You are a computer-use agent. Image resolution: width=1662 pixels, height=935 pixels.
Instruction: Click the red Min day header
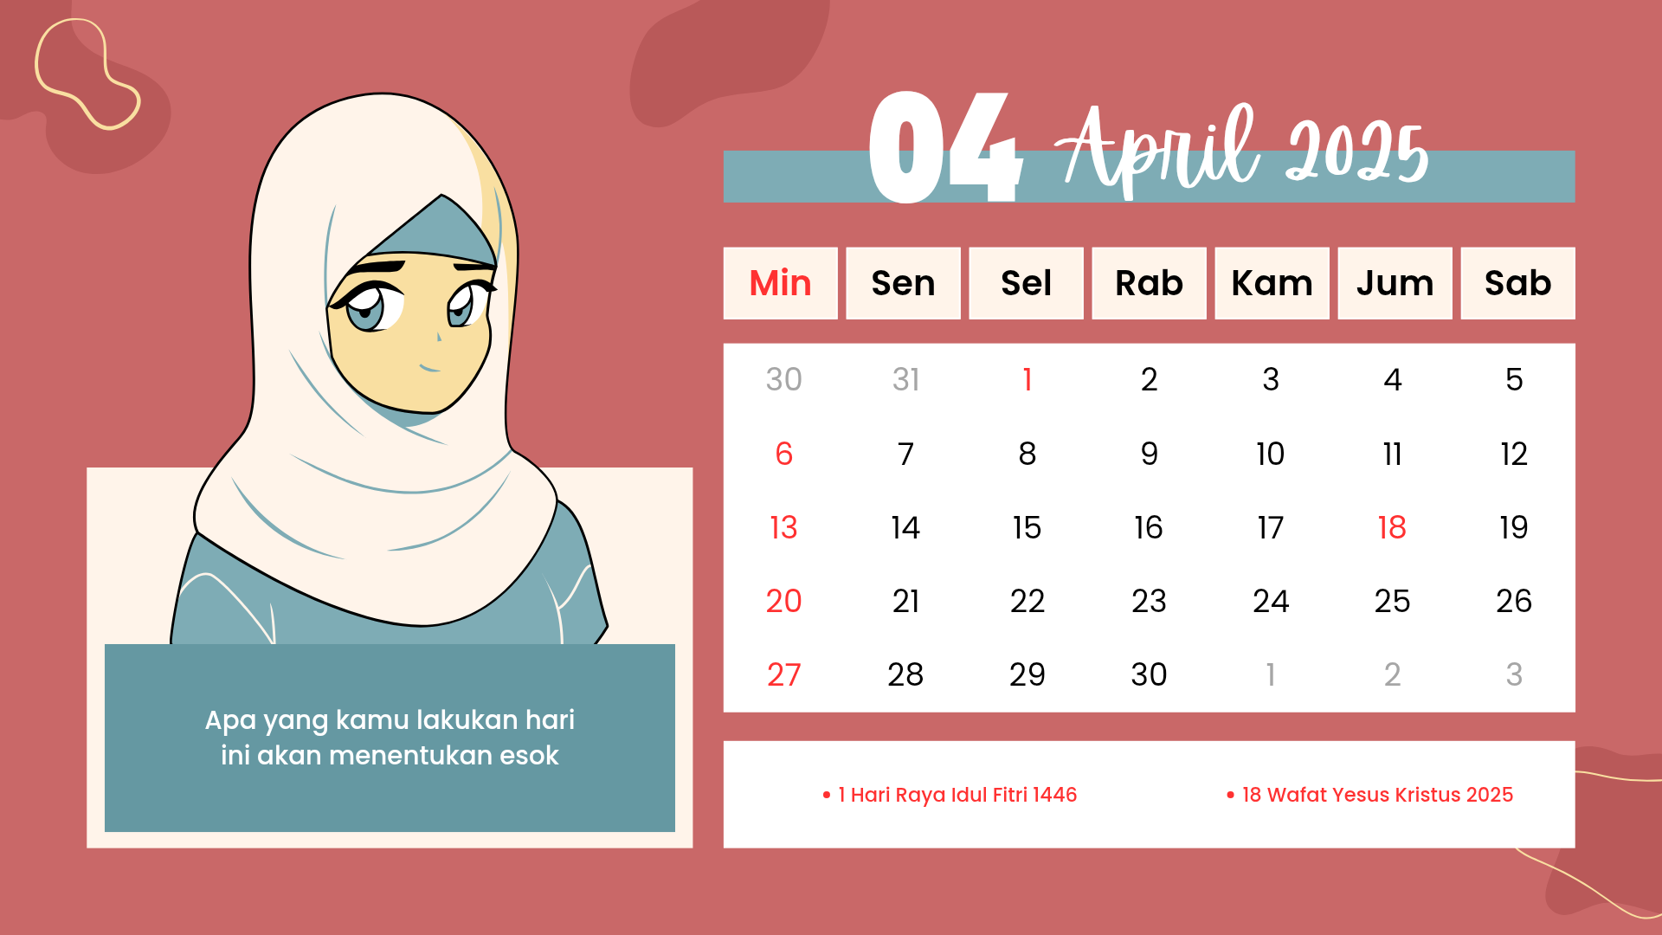780,283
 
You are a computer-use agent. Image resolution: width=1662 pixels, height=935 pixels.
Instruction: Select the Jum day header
1395,283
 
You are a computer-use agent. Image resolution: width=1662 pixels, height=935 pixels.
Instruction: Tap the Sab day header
1517,283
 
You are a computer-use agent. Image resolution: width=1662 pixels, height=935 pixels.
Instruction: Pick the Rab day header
1149,283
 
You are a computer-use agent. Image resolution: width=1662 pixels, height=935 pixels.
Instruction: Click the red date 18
1392,527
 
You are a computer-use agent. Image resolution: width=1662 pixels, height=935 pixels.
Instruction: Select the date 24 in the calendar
1271,601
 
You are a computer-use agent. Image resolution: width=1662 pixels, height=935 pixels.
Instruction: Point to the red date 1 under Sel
1027,379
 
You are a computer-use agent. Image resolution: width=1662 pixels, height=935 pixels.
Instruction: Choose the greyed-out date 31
905,379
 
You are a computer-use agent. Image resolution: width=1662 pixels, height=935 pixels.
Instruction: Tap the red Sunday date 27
783,674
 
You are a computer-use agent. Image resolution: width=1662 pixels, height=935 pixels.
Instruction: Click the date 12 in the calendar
1514,454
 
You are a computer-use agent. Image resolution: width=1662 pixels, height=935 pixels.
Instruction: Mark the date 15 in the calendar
1027,527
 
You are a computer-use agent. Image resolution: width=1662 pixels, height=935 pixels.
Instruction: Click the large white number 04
945,147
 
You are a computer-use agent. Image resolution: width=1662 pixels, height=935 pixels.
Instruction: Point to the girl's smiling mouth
430,368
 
